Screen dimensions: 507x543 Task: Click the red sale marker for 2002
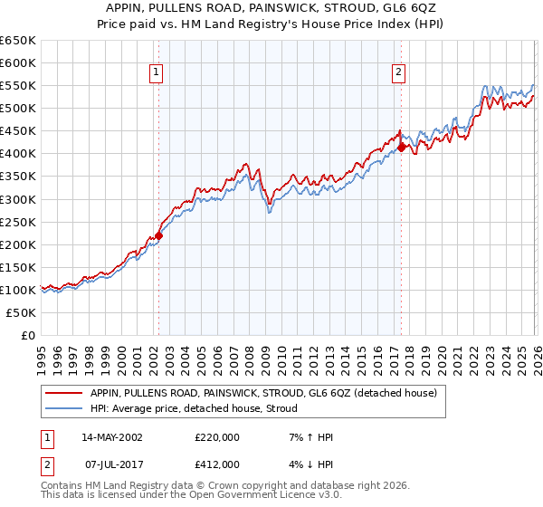(x=158, y=235)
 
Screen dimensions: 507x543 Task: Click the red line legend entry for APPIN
(x=263, y=393)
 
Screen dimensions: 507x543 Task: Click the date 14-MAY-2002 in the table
(x=111, y=437)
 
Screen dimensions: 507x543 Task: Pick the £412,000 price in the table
(x=217, y=464)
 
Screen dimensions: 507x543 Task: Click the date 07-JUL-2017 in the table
(x=111, y=464)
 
